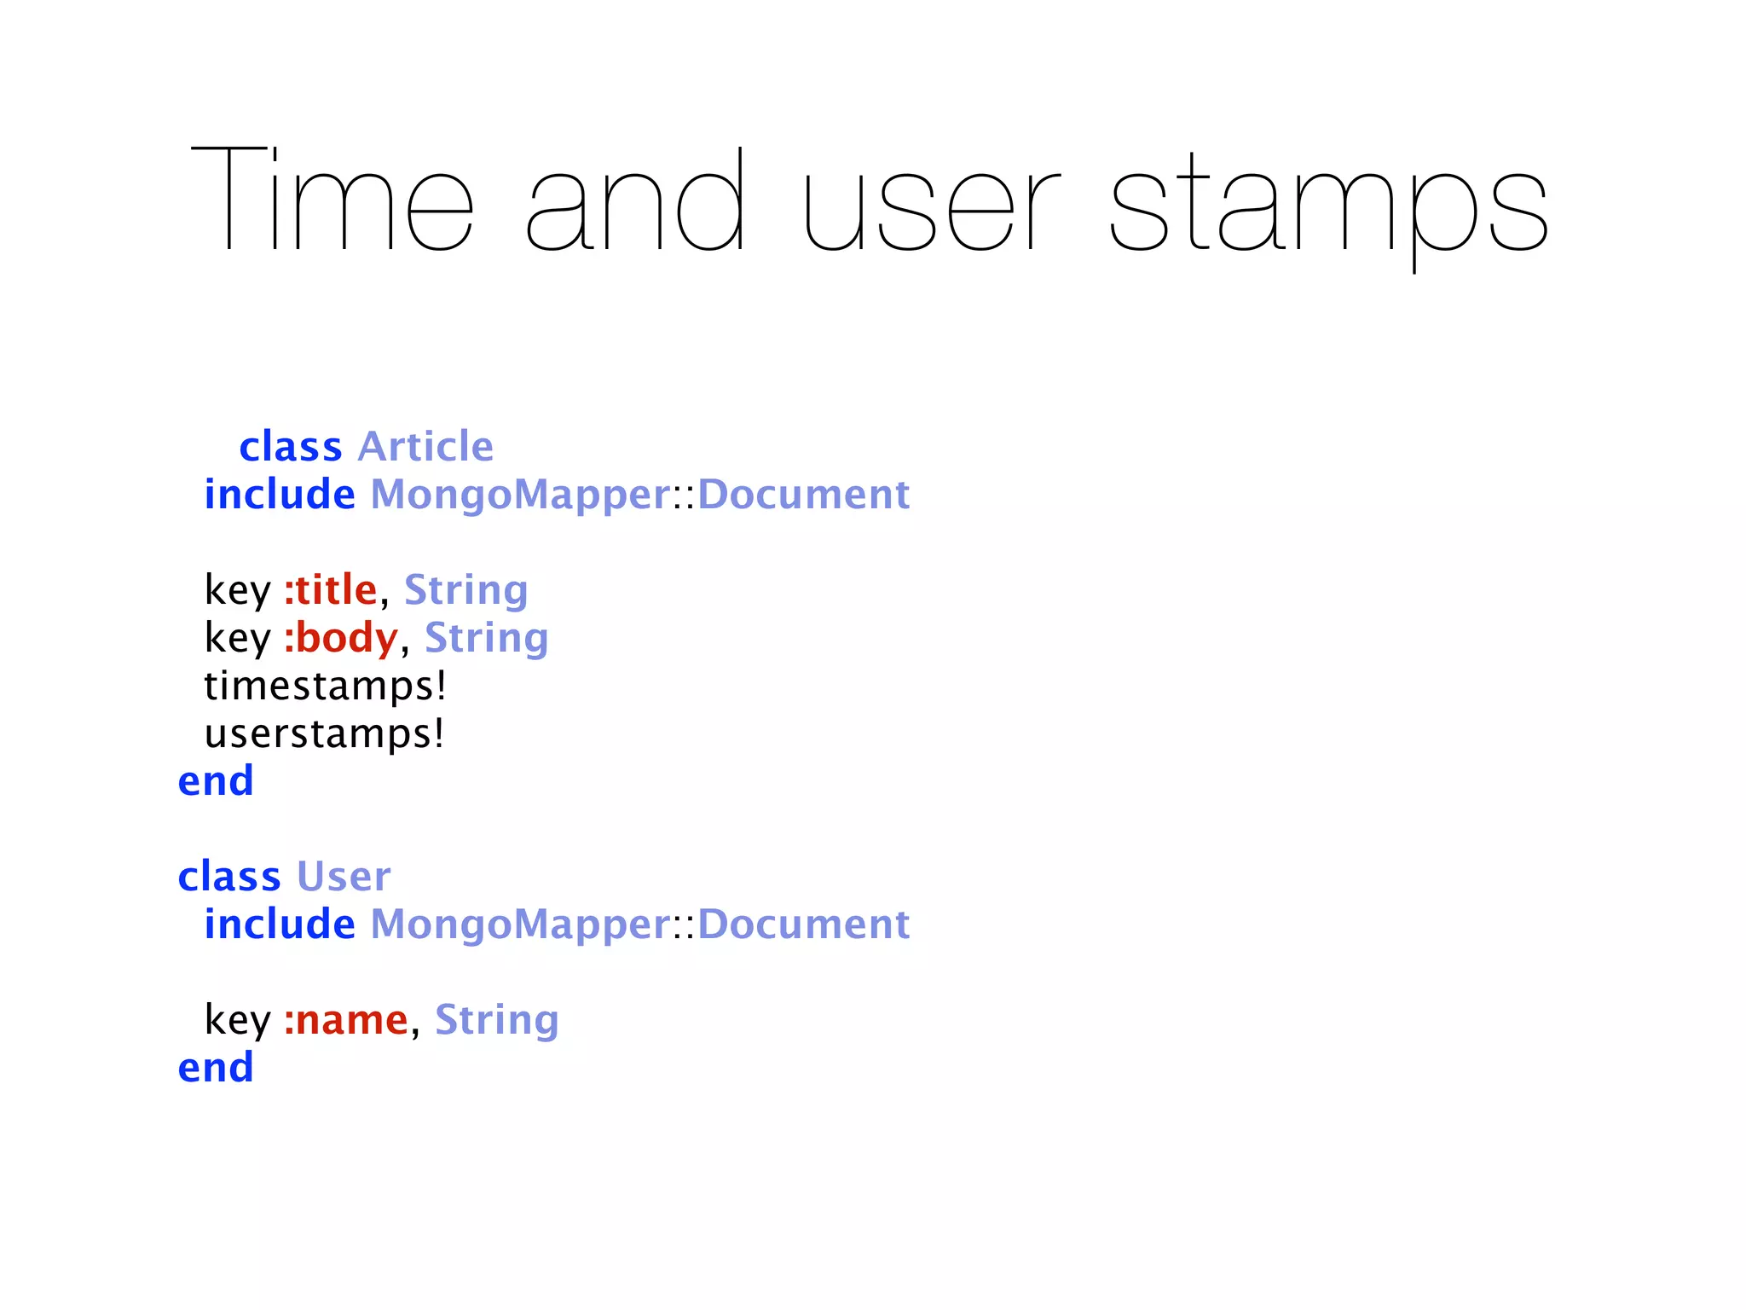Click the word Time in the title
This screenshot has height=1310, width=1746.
332,200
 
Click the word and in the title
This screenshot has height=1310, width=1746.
636,200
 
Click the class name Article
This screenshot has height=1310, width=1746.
425,446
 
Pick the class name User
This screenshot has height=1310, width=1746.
344,876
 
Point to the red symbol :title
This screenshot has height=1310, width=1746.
330,589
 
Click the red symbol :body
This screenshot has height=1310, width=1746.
340,637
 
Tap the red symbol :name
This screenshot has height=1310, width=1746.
345,1019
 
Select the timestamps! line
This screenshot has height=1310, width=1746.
326,686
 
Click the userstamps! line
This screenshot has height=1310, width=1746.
325,733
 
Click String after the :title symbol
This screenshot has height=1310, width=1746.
465,590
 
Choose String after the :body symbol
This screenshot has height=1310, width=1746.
486,638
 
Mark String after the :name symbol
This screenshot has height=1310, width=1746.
496,1020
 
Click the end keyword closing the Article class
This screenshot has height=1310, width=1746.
216,780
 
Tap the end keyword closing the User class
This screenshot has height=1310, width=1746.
216,1067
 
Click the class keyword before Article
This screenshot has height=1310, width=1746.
290,446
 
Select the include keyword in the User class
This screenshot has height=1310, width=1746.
280,924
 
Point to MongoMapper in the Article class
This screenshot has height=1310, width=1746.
520,495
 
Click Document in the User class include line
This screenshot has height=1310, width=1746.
803,924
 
